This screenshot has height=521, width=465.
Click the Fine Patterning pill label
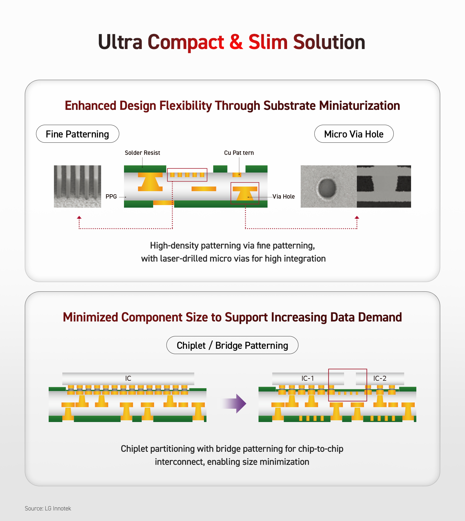[77, 134]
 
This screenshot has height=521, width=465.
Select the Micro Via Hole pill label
[354, 134]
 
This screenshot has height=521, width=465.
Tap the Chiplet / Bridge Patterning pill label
[232, 345]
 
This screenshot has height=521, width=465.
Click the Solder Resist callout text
[142, 153]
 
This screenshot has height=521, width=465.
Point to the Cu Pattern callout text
[239, 153]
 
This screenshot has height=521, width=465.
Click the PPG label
[111, 196]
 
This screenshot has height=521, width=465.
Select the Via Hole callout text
[284, 196]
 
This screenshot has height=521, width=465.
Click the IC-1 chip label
[308, 378]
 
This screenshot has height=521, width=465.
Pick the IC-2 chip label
[380, 378]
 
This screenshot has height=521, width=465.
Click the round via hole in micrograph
[327, 188]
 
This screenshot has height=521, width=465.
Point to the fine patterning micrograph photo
[77, 186]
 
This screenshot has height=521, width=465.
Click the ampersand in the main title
[236, 42]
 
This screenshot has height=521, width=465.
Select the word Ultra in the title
[120, 42]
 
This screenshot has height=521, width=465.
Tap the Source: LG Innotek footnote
[48, 508]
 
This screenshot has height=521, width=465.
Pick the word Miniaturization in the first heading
[360, 106]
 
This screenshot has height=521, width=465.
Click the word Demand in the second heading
[380, 317]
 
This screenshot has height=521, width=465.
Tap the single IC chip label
[128, 378]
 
